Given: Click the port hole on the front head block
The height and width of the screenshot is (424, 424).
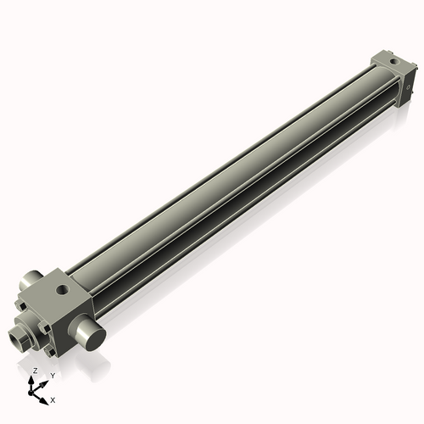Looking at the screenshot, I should (62, 290).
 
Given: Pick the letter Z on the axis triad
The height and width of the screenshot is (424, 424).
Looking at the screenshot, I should (35, 371).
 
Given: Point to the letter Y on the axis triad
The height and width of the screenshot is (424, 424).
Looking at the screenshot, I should (52, 374).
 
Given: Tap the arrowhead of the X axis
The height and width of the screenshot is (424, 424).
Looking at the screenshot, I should (46, 395).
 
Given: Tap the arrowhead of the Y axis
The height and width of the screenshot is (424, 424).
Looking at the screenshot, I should (45, 382).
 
